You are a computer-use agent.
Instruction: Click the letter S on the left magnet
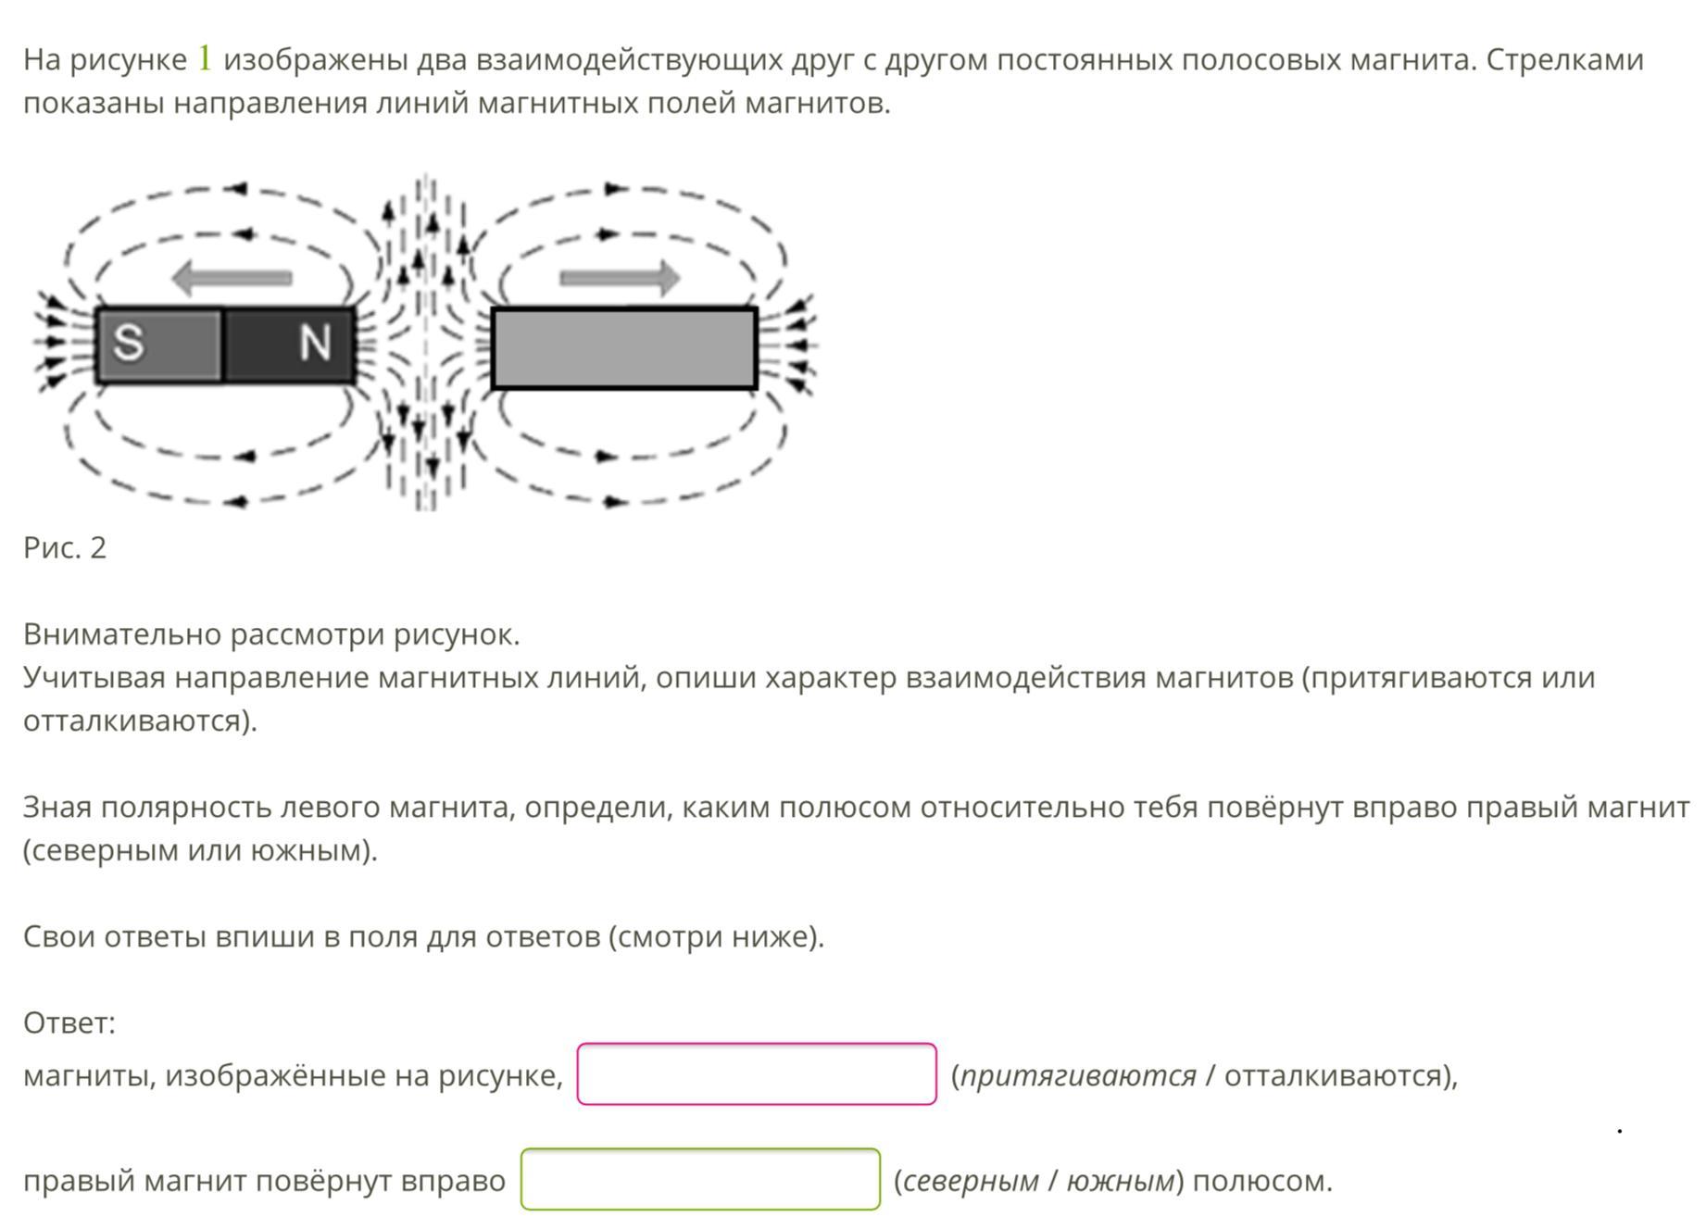pyautogui.click(x=129, y=342)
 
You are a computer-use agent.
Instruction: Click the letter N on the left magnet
pyautogui.click(x=315, y=343)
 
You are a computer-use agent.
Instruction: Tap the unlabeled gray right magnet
pyautogui.click(x=624, y=348)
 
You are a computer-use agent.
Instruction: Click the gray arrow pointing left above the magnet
pyautogui.click(x=232, y=277)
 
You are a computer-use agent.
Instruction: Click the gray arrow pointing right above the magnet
pyautogui.click(x=620, y=277)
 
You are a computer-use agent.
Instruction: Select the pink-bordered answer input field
pyautogui.click(x=757, y=1074)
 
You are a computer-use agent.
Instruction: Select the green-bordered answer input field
pyautogui.click(x=700, y=1179)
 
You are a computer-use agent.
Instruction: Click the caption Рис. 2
pyautogui.click(x=65, y=547)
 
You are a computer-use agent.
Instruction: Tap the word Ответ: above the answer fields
pyautogui.click(x=69, y=1022)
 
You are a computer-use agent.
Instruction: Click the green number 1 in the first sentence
pyautogui.click(x=205, y=58)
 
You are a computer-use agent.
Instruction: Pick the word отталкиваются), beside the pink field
pyautogui.click(x=1341, y=1075)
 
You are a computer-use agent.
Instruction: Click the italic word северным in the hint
pyautogui.click(x=971, y=1181)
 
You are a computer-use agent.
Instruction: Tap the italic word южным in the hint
pyautogui.click(x=1121, y=1181)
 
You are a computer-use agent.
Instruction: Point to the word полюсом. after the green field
pyautogui.click(x=1262, y=1181)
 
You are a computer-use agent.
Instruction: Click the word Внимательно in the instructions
pyautogui.click(x=122, y=634)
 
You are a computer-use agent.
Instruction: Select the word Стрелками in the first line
pyautogui.click(x=1565, y=59)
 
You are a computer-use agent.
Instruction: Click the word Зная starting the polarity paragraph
pyautogui.click(x=57, y=807)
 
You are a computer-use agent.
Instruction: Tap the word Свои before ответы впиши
pyautogui.click(x=59, y=936)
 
